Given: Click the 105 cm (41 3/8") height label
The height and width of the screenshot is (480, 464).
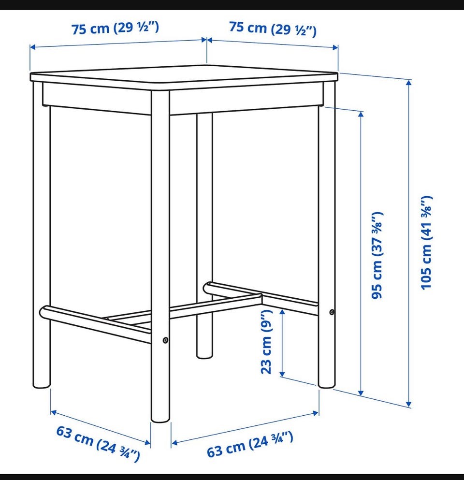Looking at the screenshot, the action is point(426,243).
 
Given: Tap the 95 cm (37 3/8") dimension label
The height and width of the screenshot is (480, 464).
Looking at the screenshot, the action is point(377,255).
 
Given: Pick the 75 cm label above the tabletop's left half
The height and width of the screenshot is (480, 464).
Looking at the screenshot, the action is point(115,28).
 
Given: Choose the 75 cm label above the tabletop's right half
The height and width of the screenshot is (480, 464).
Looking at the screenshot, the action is point(273,29).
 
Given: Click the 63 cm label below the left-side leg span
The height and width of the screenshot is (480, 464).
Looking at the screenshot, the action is point(98,443).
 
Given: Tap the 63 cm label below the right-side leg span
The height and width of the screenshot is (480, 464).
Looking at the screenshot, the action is point(250,444).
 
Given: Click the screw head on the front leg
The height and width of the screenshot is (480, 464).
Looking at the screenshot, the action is point(165,340).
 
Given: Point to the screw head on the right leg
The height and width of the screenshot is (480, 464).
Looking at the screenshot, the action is point(332,312).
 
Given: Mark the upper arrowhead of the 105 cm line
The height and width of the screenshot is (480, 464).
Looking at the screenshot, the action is point(408,83).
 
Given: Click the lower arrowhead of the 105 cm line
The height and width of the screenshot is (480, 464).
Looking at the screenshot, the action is point(408,404).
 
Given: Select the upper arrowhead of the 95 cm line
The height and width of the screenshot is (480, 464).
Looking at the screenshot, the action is point(361,115).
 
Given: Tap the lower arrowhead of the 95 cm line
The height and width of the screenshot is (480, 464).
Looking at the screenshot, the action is point(361,392).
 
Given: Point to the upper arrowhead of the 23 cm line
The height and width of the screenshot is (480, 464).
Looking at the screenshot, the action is point(282,312).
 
